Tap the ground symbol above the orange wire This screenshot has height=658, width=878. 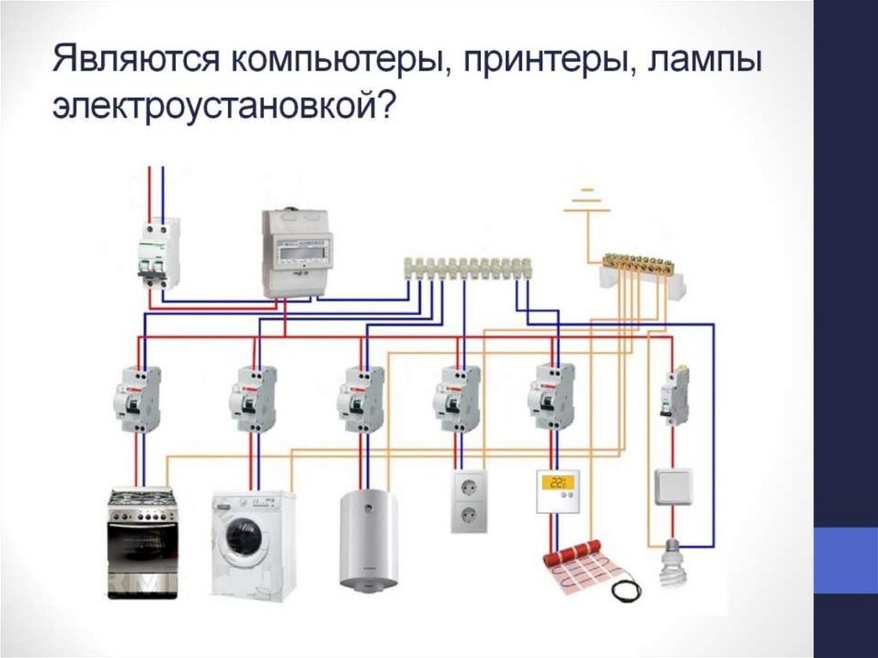coord(587,199)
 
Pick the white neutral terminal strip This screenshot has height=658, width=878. coord(467,268)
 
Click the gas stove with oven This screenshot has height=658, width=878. coord(141,542)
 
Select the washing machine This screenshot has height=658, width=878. coord(253,542)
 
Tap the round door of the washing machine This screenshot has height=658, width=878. coord(243,538)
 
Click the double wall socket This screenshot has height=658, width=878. coord(468,500)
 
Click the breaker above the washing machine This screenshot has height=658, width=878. coord(253,398)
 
